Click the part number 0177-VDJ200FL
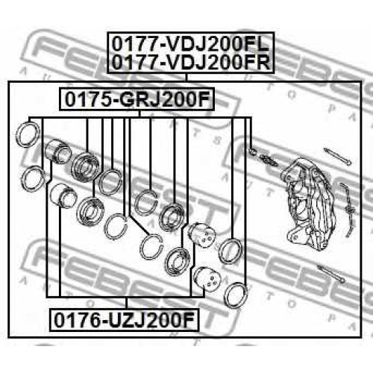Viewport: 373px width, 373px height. pyautogui.click(x=190, y=44)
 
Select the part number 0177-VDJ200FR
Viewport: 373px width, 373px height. pyautogui.click(x=191, y=62)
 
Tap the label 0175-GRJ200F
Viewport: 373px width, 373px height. pyautogui.click(x=137, y=99)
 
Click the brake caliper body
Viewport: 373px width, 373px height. pyautogui.click(x=308, y=203)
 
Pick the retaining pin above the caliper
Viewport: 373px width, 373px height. pyautogui.click(x=337, y=157)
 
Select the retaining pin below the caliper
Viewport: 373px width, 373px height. pyautogui.click(x=330, y=274)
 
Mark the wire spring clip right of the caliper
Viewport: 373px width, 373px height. pyautogui.click(x=348, y=210)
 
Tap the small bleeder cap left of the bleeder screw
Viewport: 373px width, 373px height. pyautogui.click(x=252, y=151)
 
